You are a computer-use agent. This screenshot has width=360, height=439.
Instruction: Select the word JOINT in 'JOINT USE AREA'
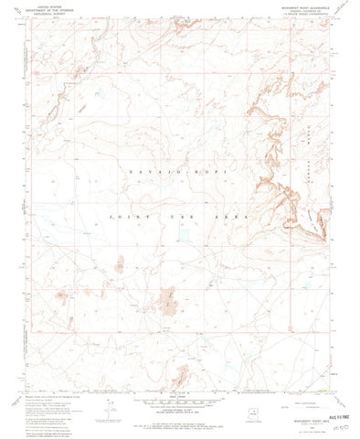click(x=122, y=217)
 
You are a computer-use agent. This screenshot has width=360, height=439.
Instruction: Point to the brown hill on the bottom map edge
click(x=183, y=374)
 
